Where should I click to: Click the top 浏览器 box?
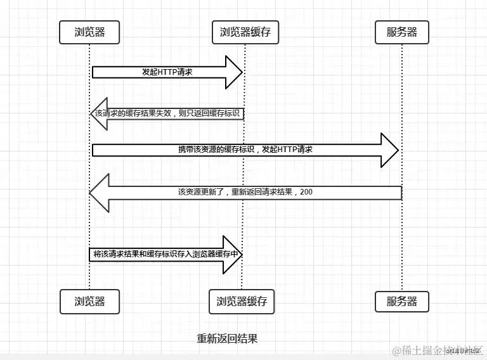89,32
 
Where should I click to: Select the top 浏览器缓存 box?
245,32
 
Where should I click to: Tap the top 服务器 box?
402,32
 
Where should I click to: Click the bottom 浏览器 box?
89,302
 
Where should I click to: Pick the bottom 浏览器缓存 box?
242,302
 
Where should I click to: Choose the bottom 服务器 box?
402,302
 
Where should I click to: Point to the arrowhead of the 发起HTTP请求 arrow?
235,72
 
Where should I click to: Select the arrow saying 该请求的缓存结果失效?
168,113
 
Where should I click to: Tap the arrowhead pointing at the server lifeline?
389,150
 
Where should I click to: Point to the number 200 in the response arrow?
306,191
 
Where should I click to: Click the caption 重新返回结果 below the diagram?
227,338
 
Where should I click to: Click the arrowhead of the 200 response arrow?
100,191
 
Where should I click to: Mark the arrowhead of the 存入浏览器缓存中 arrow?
234,254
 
